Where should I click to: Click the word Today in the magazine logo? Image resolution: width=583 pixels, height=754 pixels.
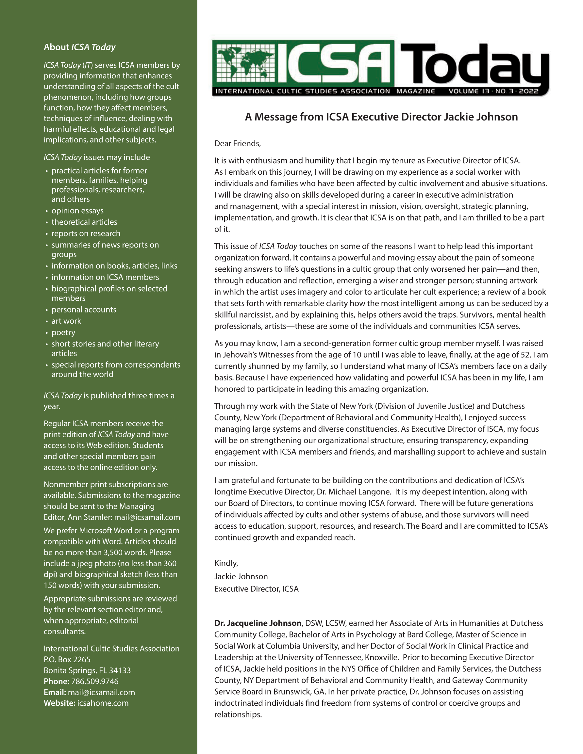[474, 64]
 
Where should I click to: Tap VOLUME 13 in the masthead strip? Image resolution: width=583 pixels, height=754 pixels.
[469, 91]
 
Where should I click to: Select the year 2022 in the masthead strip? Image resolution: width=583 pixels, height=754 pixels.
[528, 91]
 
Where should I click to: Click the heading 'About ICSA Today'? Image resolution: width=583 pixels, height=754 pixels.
[79, 47]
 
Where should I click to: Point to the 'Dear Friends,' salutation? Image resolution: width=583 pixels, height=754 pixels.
[238, 143]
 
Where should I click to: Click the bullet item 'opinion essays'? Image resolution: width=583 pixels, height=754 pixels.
[77, 211]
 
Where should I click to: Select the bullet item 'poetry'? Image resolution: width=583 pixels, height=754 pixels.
[63, 332]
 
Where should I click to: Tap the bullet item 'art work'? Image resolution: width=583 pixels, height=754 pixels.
[66, 321]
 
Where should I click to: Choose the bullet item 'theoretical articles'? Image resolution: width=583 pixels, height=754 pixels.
[84, 222]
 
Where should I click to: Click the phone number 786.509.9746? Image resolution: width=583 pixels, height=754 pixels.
[95, 682]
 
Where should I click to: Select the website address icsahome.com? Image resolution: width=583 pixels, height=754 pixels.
[103, 703]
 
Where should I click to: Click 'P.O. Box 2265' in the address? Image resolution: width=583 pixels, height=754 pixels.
[67, 659]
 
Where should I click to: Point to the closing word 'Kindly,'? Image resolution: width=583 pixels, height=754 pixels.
[226, 563]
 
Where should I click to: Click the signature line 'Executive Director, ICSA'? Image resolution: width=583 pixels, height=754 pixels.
[256, 589]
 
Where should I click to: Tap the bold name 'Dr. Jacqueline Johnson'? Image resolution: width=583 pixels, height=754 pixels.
[258, 623]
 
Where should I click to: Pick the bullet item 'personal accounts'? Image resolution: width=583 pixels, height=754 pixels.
[84, 310]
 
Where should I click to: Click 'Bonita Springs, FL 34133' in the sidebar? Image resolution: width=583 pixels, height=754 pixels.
[87, 670]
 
